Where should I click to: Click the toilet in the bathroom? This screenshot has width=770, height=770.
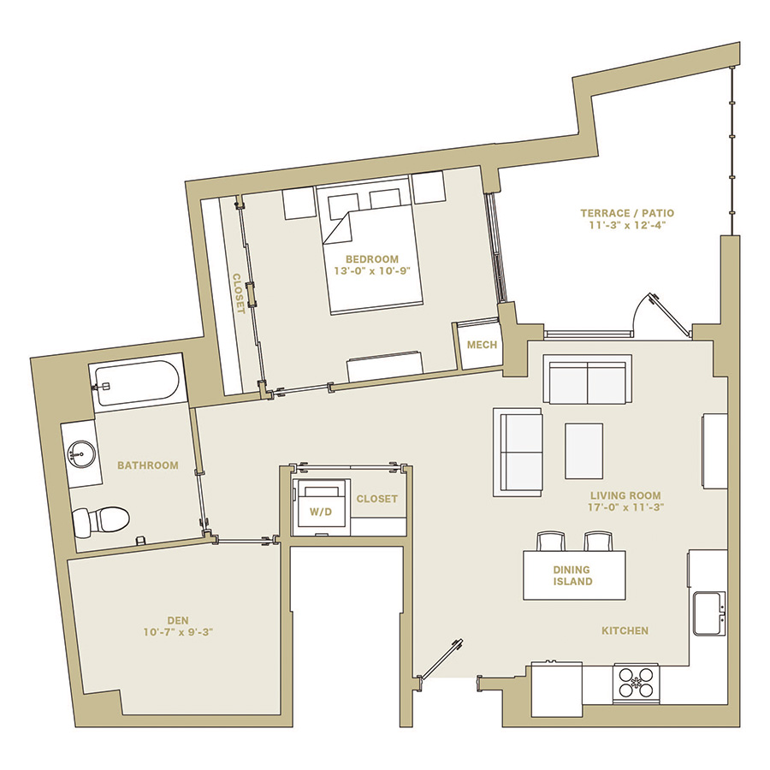tap(101, 520)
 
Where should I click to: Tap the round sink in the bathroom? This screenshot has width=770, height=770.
tap(81, 453)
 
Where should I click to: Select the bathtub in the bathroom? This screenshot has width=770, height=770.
tap(137, 383)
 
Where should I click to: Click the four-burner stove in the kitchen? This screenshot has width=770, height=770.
tap(636, 683)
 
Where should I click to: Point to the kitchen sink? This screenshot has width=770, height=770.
tap(709, 613)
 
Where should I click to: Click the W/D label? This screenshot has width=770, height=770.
tap(321, 512)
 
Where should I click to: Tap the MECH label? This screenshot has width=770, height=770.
tap(482, 346)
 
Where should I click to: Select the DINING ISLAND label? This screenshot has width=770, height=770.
tap(572, 576)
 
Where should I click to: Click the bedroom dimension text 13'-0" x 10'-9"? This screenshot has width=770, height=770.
tap(372, 271)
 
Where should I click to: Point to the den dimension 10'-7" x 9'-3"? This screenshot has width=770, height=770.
tap(178, 632)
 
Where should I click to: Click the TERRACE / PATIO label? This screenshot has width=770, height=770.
tap(627, 213)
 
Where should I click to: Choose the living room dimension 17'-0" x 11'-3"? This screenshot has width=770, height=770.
tap(625, 507)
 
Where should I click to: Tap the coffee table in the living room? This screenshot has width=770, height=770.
tap(583, 451)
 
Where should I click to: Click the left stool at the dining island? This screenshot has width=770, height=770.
tap(551, 542)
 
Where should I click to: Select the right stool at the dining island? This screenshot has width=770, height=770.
tap(598, 542)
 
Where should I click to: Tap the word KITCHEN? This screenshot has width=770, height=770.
tap(625, 631)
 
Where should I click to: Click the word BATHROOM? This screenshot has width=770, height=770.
tap(148, 465)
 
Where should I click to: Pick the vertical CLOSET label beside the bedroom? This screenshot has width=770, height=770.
tap(238, 293)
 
